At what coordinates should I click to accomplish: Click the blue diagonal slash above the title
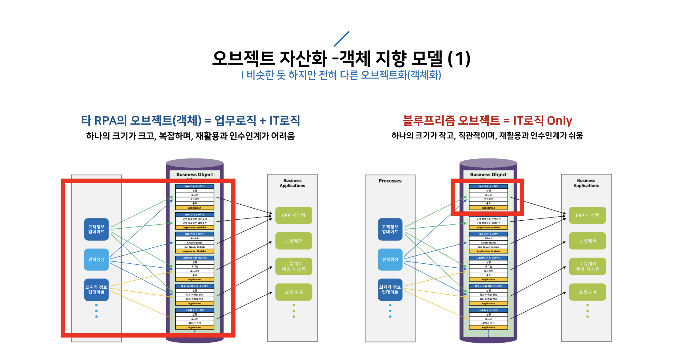[341, 39]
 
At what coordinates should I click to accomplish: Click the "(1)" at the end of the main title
[459, 58]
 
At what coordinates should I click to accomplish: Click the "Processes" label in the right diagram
[390, 181]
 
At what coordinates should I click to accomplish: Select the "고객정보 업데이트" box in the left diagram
[96, 229]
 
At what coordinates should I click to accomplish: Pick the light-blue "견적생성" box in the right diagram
[390, 259]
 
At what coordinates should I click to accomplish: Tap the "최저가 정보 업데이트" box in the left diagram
[96, 290]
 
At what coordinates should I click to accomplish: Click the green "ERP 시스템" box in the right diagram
[587, 215]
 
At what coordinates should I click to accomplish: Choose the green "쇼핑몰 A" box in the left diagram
[294, 292]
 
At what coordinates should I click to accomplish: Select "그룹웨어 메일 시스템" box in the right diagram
[587, 266]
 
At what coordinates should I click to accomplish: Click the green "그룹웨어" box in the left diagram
[294, 241]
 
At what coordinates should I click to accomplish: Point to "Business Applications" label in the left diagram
[293, 183]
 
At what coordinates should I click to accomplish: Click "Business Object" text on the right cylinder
[488, 174]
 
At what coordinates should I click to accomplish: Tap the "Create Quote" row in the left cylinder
[195, 243]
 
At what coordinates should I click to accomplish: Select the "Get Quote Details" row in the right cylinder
[488, 247]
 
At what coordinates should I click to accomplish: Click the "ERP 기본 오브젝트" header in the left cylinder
[195, 186]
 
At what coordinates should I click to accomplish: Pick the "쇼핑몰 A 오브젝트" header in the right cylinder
[488, 310]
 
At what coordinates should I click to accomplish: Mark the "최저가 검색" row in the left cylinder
[195, 323]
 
